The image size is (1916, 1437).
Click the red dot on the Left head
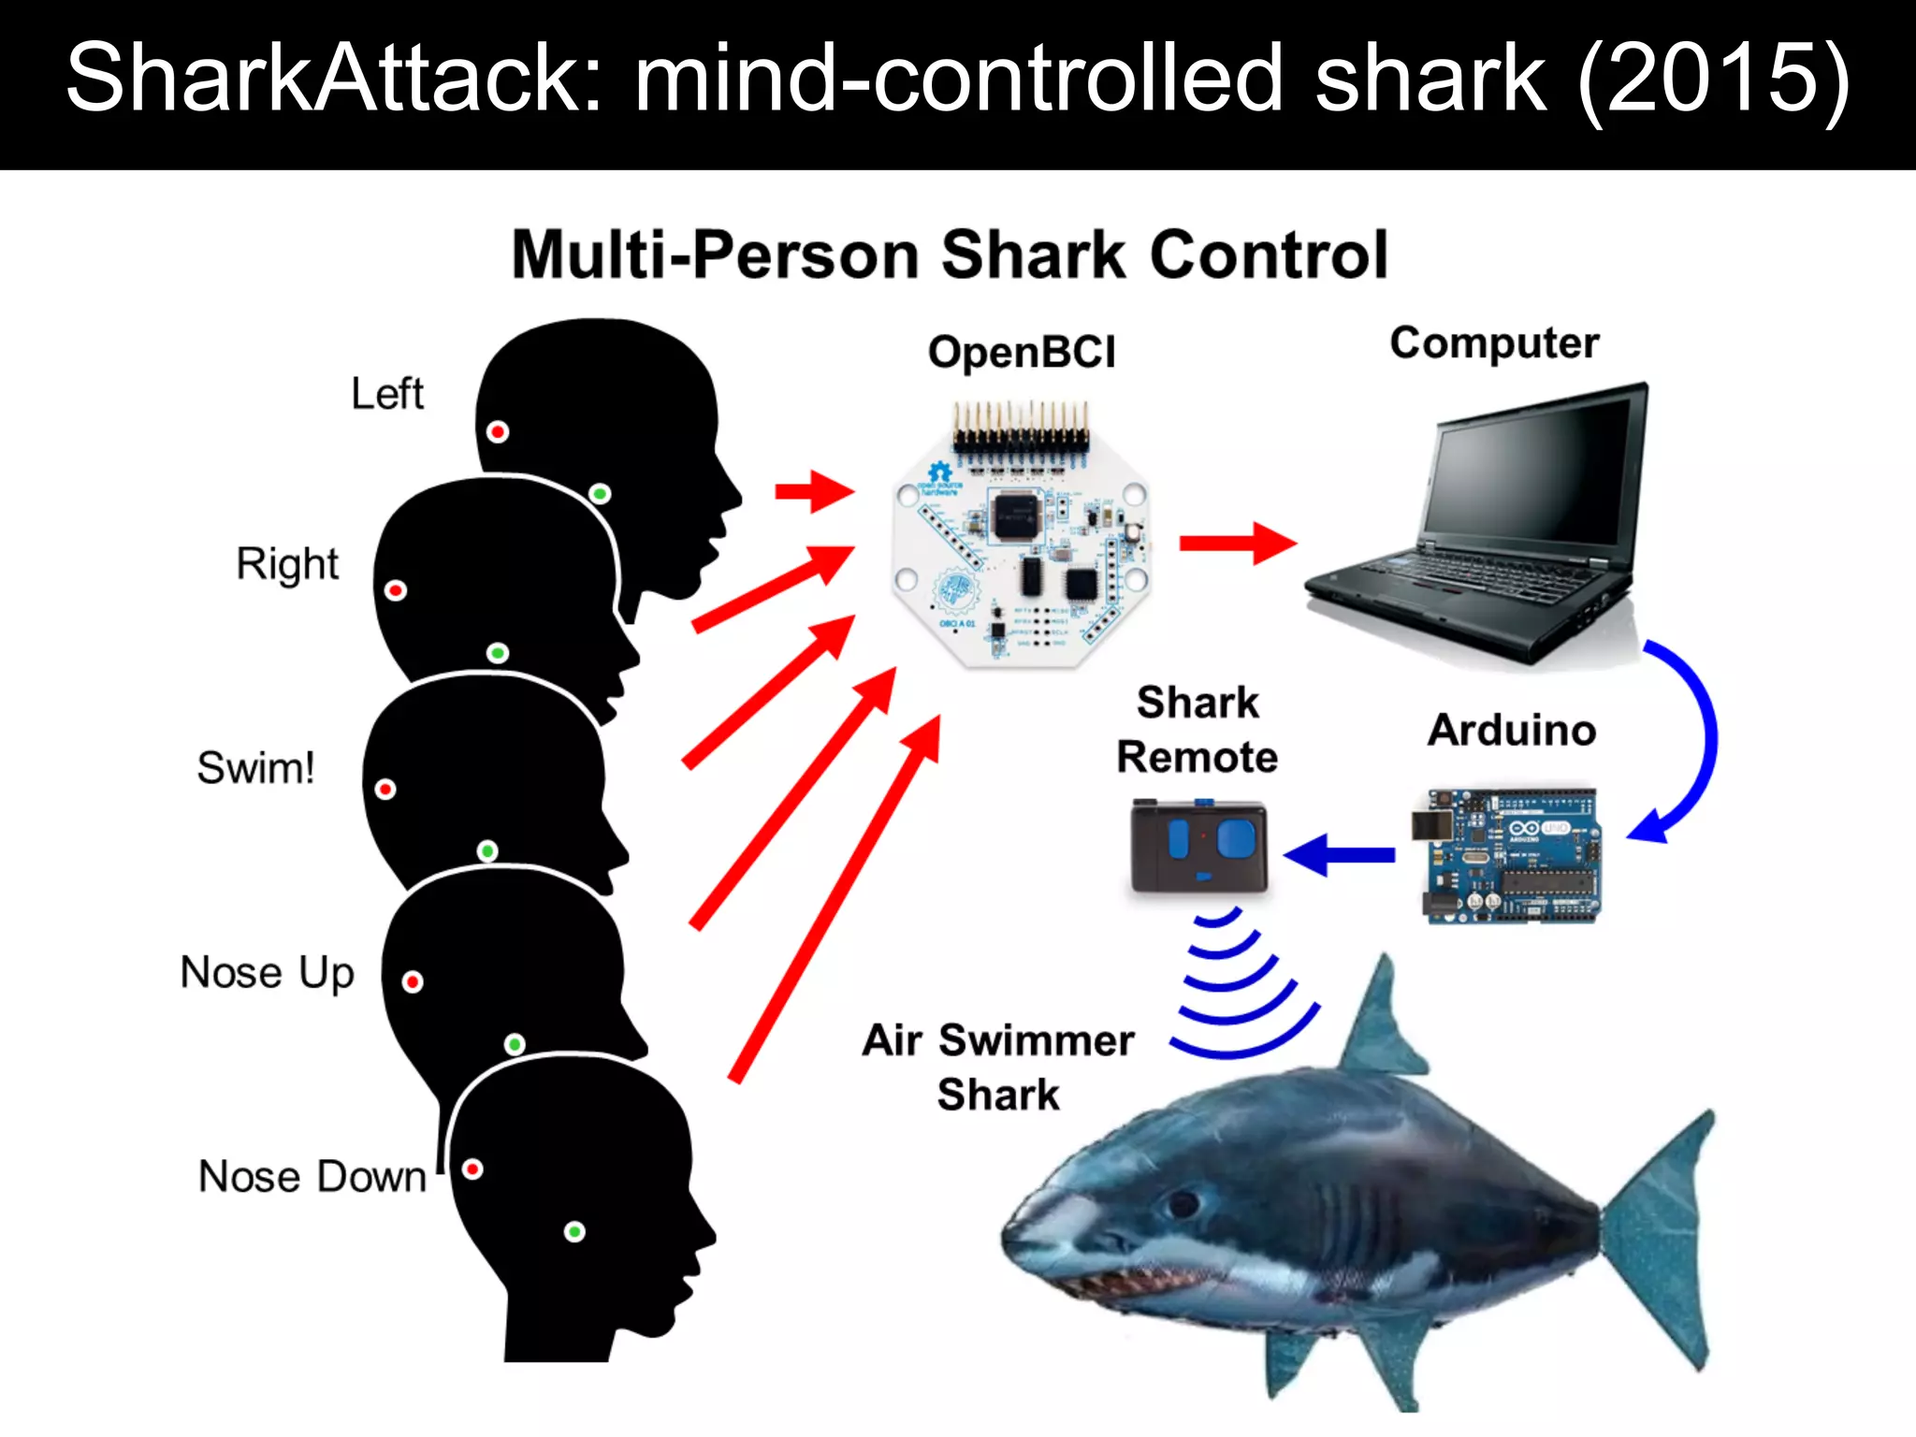tap(498, 431)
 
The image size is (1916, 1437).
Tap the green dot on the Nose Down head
tap(574, 1231)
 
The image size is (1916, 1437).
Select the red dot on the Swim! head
tap(385, 789)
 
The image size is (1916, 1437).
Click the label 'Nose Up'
tap(267, 973)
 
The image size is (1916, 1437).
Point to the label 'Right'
tap(287, 564)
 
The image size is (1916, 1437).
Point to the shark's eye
tap(1182, 1202)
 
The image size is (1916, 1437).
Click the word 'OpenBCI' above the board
tap(1022, 353)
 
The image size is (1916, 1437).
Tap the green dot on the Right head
tap(498, 652)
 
